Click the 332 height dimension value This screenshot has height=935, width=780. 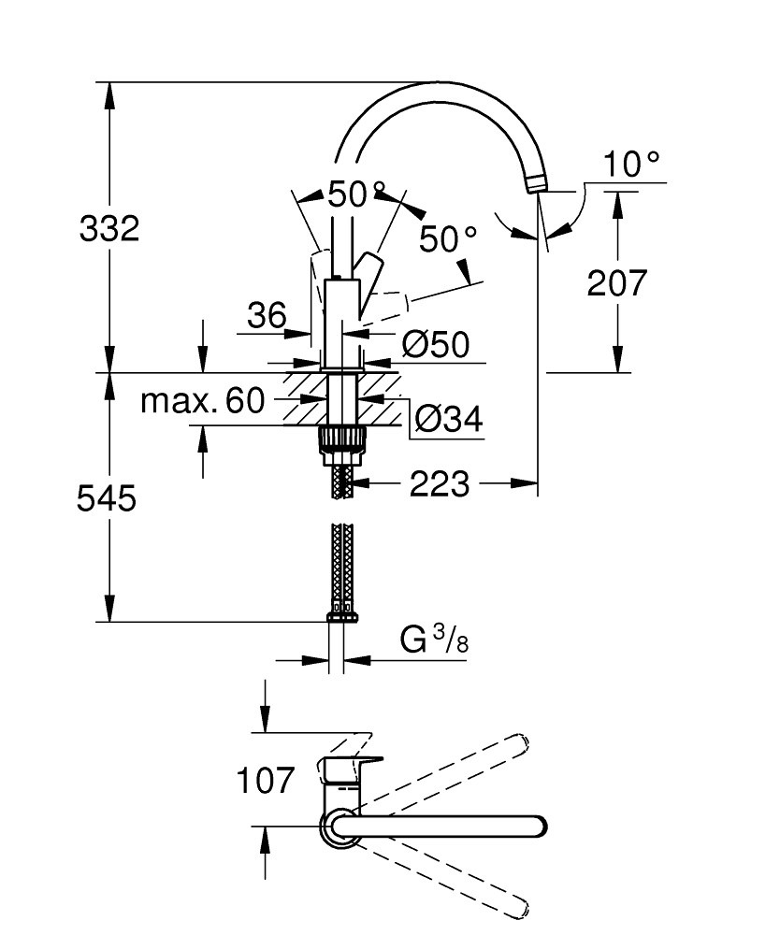109,228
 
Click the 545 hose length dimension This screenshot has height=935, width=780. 107,498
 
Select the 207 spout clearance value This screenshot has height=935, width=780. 617,282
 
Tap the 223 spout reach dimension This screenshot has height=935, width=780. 440,483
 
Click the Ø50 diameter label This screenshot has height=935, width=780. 435,344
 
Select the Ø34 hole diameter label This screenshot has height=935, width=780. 448,419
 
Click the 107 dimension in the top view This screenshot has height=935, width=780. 265,780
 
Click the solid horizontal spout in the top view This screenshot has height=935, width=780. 449,827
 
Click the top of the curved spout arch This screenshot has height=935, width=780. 440,92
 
